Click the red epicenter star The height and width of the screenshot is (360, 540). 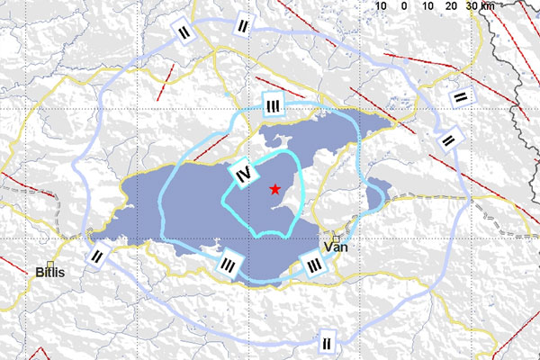click(274, 188)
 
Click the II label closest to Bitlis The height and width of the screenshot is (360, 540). click(97, 256)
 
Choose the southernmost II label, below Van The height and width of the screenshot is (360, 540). click(327, 341)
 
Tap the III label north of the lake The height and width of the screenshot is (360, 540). click(274, 105)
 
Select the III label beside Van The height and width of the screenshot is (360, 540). click(313, 265)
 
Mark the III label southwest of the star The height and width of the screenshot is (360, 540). click(229, 265)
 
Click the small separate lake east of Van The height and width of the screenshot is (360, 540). click(377, 190)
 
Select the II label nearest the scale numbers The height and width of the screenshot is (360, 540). click(239, 26)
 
